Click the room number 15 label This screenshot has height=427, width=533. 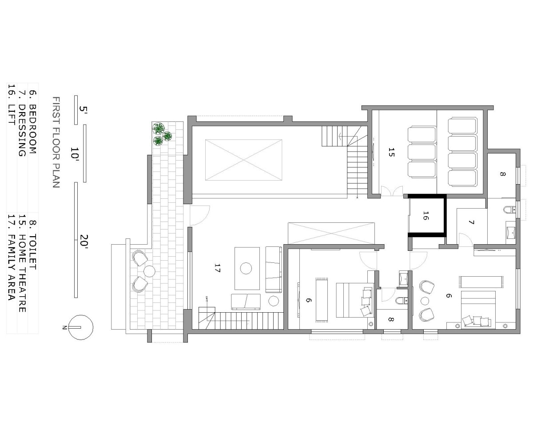point(391,152)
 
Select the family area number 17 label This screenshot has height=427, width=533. point(217,268)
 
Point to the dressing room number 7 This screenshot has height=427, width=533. point(472,222)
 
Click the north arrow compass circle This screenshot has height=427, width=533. point(81,327)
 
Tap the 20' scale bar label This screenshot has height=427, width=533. point(84,241)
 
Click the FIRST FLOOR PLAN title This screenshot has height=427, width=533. point(56,142)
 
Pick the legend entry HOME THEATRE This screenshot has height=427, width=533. point(22,273)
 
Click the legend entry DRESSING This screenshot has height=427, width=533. point(22,130)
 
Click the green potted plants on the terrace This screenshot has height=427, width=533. point(162,134)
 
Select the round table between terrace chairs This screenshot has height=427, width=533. point(149,271)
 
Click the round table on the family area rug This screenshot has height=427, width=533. point(246,268)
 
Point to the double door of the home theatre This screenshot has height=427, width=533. point(392,191)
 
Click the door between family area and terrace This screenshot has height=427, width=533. point(200,215)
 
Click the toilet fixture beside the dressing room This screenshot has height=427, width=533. point(509,210)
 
